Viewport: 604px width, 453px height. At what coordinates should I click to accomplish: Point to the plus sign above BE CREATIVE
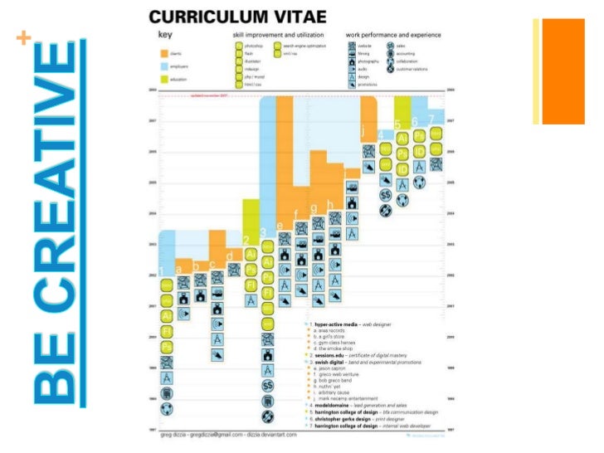[23, 39]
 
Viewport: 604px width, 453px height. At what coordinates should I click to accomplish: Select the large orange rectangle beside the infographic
[558, 71]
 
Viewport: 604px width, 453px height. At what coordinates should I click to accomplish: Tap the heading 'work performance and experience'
[395, 36]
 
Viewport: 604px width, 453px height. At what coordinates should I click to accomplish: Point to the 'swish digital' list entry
[330, 363]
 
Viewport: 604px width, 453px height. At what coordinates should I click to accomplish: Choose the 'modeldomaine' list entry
[333, 405]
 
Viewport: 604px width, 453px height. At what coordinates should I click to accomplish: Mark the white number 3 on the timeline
[263, 232]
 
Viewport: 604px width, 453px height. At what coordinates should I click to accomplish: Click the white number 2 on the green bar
[247, 241]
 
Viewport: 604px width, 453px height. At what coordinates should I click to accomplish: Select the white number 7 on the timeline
[431, 119]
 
